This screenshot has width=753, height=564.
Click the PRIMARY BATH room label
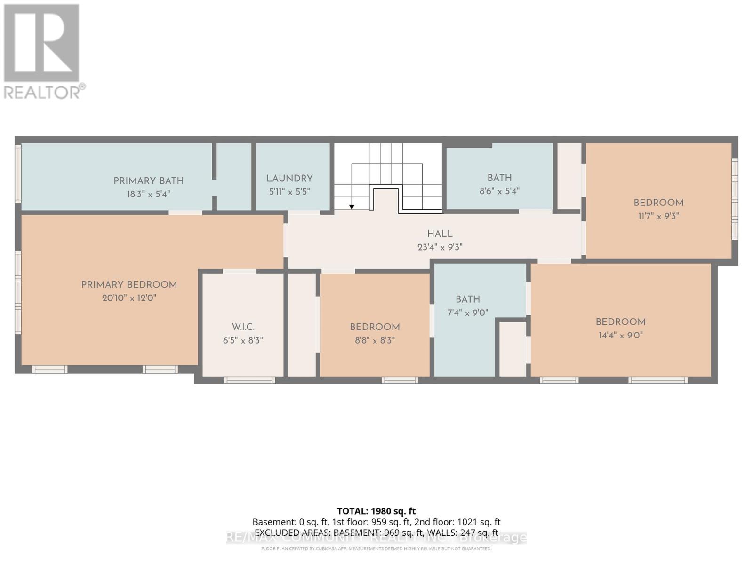click(x=148, y=181)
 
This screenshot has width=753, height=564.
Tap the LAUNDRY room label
click(x=289, y=179)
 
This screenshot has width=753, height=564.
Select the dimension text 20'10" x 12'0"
click(x=129, y=298)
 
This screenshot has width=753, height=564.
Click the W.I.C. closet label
click(x=243, y=327)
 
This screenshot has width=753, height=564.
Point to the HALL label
click(x=440, y=234)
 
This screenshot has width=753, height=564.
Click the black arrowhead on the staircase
click(x=352, y=207)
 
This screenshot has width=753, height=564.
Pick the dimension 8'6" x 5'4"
click(x=499, y=191)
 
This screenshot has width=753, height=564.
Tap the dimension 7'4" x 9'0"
click(x=467, y=313)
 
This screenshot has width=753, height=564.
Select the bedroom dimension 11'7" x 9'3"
click(x=658, y=216)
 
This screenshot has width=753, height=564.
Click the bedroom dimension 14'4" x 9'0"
click(x=620, y=336)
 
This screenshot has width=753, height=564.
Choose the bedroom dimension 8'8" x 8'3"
click(x=375, y=340)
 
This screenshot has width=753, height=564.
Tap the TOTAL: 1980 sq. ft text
click(x=376, y=511)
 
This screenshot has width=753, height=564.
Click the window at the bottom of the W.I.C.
click(x=249, y=380)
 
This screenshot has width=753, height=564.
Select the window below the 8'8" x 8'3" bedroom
click(x=400, y=380)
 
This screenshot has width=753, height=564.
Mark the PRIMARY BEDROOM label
click(x=129, y=285)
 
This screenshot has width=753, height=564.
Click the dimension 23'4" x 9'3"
click(x=440, y=247)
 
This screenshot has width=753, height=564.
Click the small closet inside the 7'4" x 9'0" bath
click(x=513, y=349)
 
